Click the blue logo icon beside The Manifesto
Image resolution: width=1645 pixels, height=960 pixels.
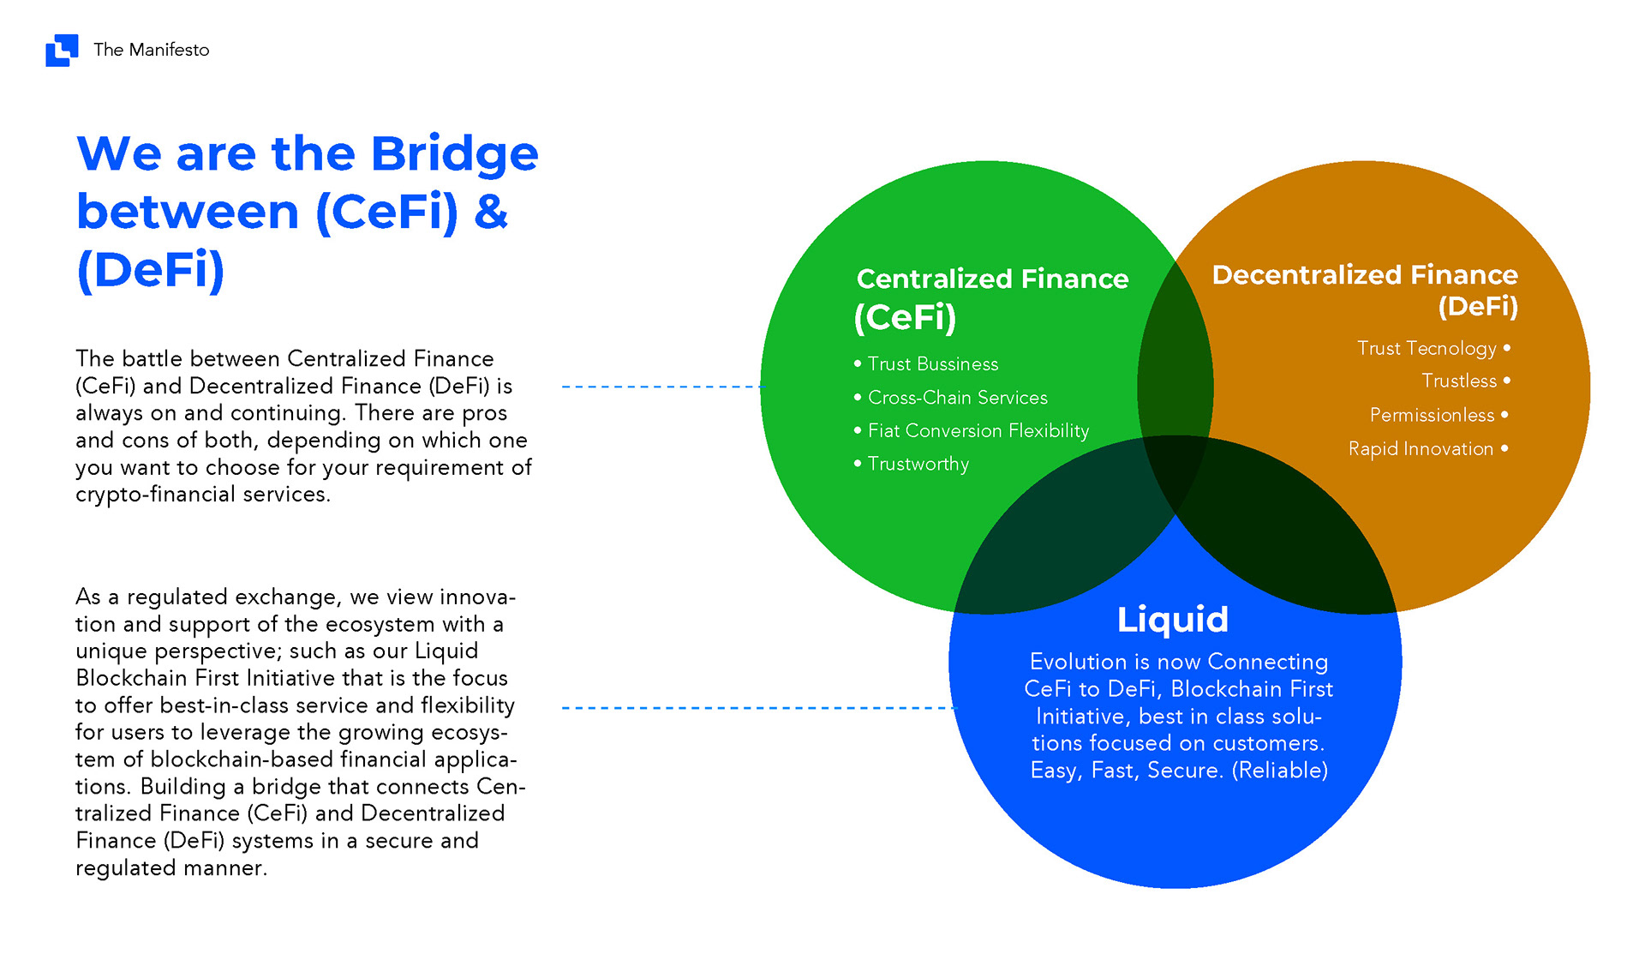coord(62,50)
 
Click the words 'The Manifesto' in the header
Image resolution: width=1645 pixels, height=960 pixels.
coord(152,50)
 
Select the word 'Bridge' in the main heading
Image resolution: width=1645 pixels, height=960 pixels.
coord(454,154)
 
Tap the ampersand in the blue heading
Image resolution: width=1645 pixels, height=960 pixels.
coord(491,212)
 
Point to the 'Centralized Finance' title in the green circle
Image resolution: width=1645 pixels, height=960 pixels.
coord(992,279)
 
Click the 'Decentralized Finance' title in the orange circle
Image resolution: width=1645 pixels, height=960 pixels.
coord(1365,274)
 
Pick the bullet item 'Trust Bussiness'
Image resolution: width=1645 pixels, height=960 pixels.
coord(933,364)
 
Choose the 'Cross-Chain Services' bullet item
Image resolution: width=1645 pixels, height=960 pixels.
coord(958,398)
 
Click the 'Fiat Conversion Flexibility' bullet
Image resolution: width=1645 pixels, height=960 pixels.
coord(978,430)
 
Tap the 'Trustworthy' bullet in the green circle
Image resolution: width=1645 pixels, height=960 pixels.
coord(918,464)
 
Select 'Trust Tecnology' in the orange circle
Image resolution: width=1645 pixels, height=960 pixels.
coord(1427,348)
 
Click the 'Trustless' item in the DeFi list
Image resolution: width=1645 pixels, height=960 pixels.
coord(1459,381)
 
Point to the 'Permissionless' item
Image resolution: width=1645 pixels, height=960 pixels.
coord(1432,415)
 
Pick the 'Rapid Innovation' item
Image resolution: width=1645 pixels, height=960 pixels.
coord(1421,448)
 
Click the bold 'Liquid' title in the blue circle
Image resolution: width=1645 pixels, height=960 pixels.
coord(1173,619)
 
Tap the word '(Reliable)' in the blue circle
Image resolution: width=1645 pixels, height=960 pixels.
coord(1280,771)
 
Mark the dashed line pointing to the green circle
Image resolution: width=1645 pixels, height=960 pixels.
coord(661,387)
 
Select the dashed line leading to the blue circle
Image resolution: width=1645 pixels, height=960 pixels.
coord(757,708)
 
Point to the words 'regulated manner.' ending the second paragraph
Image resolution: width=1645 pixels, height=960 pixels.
coord(171,868)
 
